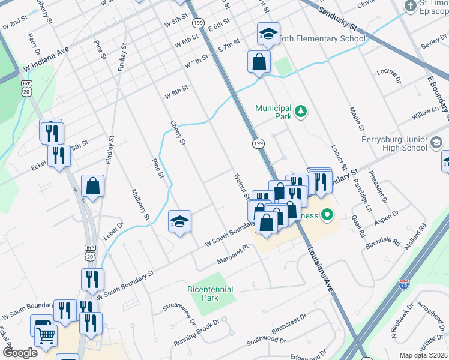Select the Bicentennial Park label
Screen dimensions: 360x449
click(210, 293)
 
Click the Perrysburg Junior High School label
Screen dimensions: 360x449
click(394, 143)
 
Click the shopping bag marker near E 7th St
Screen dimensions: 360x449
click(259, 62)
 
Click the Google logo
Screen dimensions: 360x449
click(20, 353)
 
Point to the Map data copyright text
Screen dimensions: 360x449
click(423, 355)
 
